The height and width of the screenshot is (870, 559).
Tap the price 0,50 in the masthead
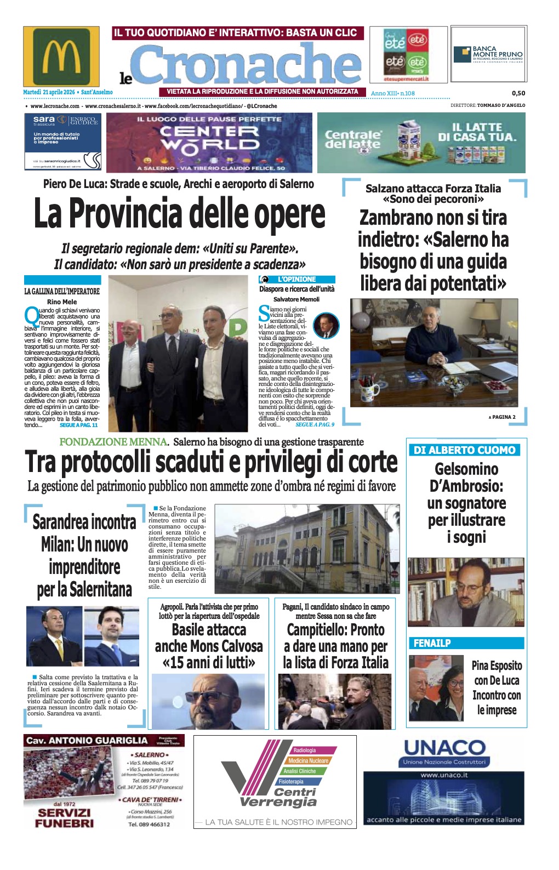tap(518, 93)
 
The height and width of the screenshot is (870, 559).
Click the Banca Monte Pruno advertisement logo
tap(488, 54)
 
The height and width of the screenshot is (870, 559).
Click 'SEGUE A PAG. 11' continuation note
tap(78, 425)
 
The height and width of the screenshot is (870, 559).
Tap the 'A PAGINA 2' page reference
tap(502, 417)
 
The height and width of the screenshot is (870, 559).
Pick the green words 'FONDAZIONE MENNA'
tap(113, 442)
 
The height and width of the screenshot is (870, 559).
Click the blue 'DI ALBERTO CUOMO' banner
tap(464, 450)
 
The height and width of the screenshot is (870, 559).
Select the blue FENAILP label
tap(432, 643)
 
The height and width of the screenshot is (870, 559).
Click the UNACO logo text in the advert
tap(444, 748)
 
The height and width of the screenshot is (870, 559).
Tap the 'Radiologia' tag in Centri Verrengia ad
tap(305, 750)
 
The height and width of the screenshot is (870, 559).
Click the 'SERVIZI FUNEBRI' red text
tap(64, 818)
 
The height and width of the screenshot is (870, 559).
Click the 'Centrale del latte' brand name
tap(352, 139)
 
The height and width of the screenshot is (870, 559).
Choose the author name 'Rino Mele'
tap(62, 302)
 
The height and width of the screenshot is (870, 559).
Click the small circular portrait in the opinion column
tap(326, 326)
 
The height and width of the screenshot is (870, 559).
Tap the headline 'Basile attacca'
tap(209, 630)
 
